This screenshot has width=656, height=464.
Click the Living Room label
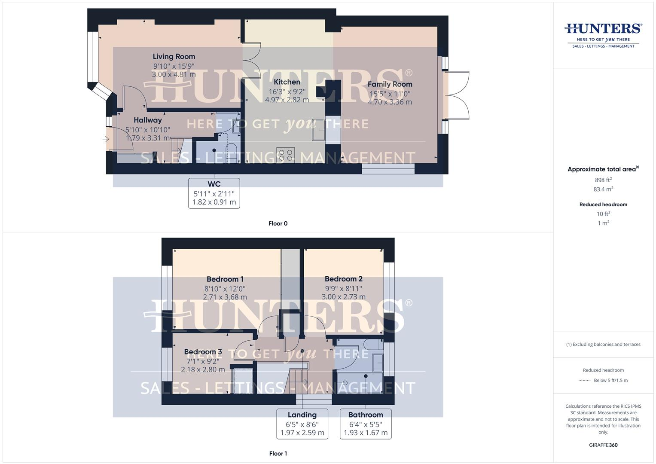(x=174, y=56)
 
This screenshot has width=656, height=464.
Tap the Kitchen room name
(x=287, y=82)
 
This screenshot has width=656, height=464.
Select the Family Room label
(x=390, y=84)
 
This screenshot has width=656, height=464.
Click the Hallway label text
(x=147, y=120)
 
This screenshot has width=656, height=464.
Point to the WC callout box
(x=214, y=193)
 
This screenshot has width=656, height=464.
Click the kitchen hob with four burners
(x=286, y=155)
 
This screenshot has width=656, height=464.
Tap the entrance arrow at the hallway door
(x=105, y=139)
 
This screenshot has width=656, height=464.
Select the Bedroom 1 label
(x=225, y=279)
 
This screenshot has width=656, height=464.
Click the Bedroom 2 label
(x=343, y=279)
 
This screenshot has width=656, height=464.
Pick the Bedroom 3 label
(x=203, y=352)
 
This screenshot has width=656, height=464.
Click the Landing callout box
(x=302, y=424)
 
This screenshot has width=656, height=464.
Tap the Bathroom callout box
(x=366, y=424)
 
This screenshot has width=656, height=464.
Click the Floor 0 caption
(x=278, y=223)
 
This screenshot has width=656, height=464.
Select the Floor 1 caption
(x=278, y=454)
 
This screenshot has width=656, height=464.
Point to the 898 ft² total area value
(x=603, y=180)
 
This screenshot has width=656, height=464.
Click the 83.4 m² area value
(x=603, y=189)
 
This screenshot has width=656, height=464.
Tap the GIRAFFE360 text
(x=603, y=445)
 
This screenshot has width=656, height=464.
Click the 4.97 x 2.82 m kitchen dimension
(x=287, y=100)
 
